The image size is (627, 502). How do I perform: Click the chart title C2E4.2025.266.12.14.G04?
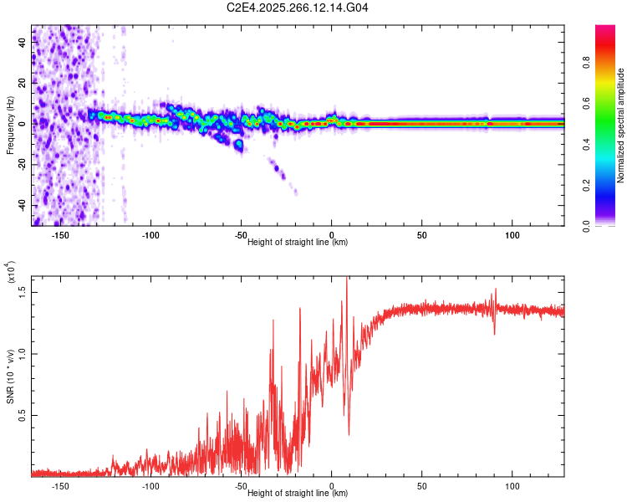pos(298,8)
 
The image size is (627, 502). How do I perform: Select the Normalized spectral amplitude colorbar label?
pos(621,125)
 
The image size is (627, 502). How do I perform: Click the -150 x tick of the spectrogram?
pos(60,235)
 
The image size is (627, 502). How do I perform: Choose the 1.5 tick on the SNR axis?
pos(23,290)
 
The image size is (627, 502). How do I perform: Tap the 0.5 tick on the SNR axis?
pos(23,415)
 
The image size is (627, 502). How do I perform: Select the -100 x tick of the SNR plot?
pos(150,486)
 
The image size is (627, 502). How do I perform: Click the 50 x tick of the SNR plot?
pos(422,486)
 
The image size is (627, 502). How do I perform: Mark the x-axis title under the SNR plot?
pos(298,494)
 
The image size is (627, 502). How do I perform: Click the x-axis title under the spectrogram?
pos(298,243)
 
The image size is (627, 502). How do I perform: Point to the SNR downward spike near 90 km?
pos(494,334)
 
